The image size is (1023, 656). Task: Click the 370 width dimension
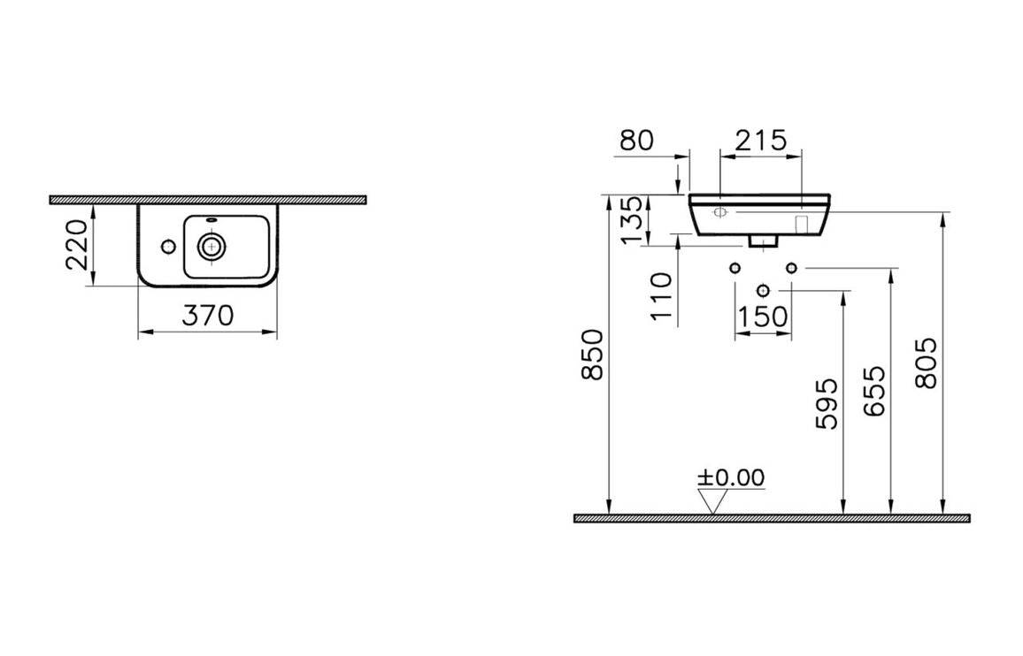(x=207, y=316)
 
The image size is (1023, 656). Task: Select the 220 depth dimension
(x=77, y=245)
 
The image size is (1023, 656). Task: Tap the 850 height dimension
(x=592, y=355)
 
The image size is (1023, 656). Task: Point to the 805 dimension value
(x=926, y=363)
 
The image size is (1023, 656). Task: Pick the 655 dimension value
(x=874, y=391)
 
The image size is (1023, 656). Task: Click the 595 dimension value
(x=827, y=404)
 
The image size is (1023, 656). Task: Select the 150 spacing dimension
(x=762, y=317)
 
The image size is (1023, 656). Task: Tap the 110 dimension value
(x=662, y=297)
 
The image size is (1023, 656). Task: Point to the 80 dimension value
(x=636, y=141)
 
